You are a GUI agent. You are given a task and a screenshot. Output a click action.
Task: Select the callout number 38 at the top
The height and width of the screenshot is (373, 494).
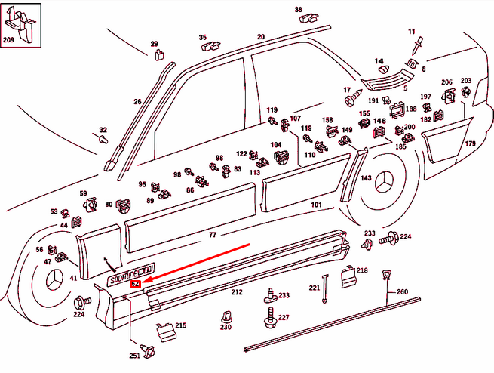[x=297, y=10]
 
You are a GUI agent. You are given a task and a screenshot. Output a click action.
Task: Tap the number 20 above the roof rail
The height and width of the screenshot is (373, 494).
[x=261, y=36]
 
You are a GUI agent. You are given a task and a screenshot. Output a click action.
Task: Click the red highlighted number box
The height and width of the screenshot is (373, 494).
[x=135, y=284]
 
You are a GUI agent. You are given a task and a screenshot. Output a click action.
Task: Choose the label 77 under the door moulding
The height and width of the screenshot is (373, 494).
[x=213, y=235]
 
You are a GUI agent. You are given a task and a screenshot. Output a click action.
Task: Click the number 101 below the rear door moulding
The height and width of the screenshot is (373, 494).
[x=316, y=204]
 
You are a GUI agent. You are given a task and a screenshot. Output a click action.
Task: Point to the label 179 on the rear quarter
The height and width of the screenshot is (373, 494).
[x=470, y=143]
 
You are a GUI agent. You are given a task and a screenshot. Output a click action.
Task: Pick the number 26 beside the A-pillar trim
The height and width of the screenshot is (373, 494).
[x=137, y=100]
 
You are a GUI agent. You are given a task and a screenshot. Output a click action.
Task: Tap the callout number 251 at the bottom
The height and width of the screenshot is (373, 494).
[x=134, y=356]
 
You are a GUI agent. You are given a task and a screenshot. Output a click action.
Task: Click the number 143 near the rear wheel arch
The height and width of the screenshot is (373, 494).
[x=366, y=177]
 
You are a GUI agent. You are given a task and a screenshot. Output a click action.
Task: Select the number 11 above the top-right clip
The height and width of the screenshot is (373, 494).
[x=413, y=31]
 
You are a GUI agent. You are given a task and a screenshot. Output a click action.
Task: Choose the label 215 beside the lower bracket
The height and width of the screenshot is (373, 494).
[x=181, y=325]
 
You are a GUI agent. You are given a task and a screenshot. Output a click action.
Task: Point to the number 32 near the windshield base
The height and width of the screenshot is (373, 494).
[x=103, y=129]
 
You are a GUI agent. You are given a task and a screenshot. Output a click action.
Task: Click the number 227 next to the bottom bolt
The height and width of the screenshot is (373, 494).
[x=284, y=318]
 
